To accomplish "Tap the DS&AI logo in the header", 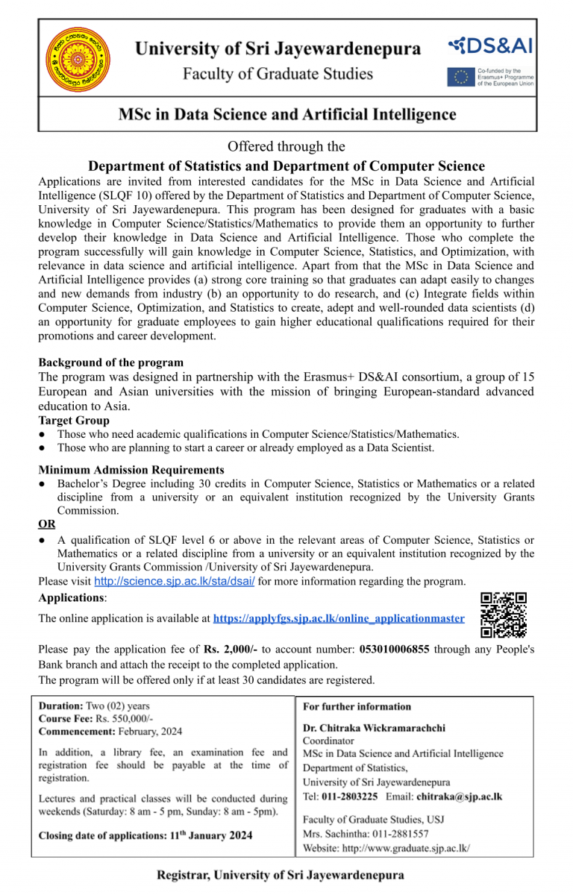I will tap(490, 46).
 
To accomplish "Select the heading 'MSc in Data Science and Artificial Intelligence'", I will tap(287, 115).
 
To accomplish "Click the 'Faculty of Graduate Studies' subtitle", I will tap(278, 74).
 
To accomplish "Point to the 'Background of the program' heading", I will tap(110, 362).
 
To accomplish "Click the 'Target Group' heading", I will tap(74, 421).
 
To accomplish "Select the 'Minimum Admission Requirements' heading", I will tap(131, 470).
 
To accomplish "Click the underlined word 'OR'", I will tap(46, 524).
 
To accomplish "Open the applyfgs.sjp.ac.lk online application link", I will tap(338, 618).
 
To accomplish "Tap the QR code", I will tap(504, 615).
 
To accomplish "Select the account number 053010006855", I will tap(394, 650).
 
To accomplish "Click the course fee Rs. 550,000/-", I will tap(122, 718).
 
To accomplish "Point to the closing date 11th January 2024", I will tap(210, 835).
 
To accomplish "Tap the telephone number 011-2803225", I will tap(351, 797).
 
